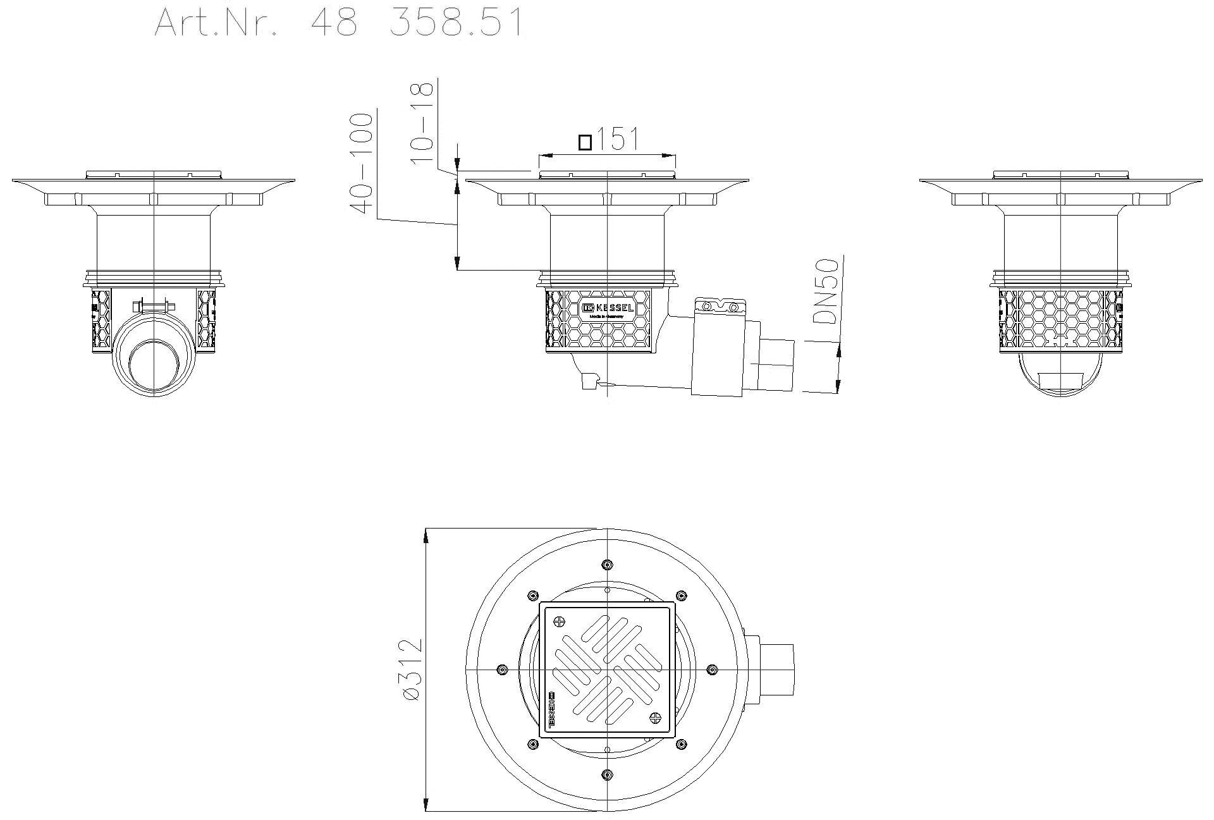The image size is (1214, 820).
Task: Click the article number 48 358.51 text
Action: (339, 23)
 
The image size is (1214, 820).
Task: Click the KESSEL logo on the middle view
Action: (607, 308)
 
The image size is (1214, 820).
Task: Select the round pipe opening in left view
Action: (153, 367)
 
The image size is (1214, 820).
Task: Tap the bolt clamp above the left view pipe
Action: (152, 308)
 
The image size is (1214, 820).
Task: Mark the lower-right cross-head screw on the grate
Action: (656, 718)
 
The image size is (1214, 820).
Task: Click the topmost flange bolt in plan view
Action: (607, 564)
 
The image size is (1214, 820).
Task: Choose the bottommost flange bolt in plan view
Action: (607, 774)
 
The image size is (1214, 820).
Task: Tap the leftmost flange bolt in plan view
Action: (502, 670)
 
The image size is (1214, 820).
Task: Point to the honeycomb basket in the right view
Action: (1060, 319)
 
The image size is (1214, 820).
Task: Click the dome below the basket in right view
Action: (1060, 377)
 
